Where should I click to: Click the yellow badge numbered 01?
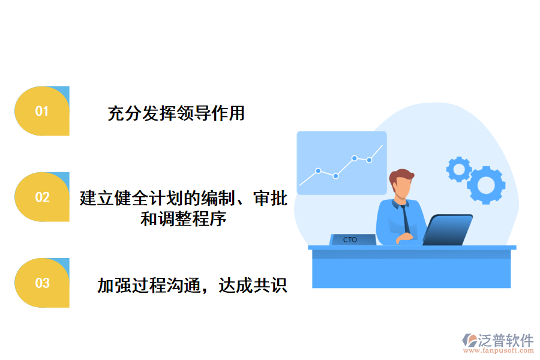[41, 111]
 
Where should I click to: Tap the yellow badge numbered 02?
[41, 197]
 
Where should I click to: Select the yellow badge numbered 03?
[41, 283]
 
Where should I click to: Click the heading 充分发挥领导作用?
[176, 113]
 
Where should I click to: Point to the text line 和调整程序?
[183, 218]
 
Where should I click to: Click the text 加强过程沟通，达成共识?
[192, 285]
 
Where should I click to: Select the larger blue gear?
[486, 184]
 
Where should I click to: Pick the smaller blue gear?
[459, 169]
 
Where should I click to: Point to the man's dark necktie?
[407, 217]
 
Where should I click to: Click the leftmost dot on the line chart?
[318, 170]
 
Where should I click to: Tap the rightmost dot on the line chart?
[370, 160]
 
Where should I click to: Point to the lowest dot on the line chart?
[335, 176]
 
